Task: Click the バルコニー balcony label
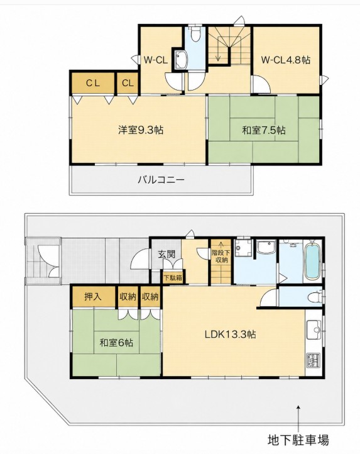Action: (x=161, y=180)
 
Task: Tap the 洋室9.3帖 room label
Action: (x=141, y=130)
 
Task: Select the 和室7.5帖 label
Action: (x=264, y=130)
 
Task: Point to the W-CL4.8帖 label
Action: (x=286, y=60)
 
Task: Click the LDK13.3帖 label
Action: (x=230, y=335)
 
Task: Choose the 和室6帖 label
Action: (x=116, y=343)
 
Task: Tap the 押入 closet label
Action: (x=93, y=297)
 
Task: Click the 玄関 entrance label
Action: (x=166, y=254)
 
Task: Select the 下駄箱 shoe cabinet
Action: (x=173, y=278)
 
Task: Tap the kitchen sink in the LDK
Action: (x=314, y=329)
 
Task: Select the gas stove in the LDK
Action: (x=314, y=360)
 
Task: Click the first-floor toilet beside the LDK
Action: (x=315, y=297)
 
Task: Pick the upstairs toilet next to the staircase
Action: (x=195, y=34)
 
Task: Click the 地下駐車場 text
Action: (x=298, y=440)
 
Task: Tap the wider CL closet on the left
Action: (x=93, y=83)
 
